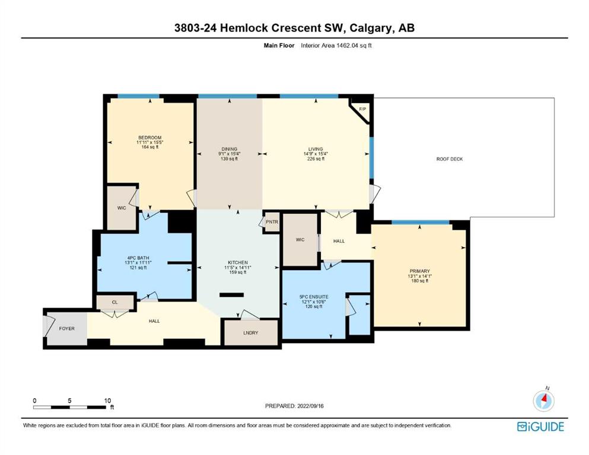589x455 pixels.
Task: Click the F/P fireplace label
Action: coord(362,109)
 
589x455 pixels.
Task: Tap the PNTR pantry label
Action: coord(272,222)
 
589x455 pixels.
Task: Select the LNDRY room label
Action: coord(250,333)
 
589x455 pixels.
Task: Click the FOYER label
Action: coord(67,329)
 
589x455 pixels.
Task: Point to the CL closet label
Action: coord(115,302)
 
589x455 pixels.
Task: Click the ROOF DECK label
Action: coord(449,159)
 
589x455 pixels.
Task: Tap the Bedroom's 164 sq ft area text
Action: coord(150,147)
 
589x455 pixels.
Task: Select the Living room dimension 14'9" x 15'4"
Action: coord(316,154)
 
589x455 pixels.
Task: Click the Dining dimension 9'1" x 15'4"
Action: coord(229,154)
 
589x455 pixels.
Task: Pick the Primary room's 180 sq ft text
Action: coord(419,281)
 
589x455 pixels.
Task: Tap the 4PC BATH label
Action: coord(138,258)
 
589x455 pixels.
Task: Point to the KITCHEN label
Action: coord(238,262)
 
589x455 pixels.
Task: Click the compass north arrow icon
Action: coord(543,400)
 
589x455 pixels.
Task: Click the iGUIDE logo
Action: coord(540,427)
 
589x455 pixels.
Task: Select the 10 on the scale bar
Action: coord(107,400)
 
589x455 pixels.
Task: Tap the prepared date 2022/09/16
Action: coord(310,406)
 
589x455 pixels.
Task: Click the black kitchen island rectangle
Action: coord(231,295)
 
